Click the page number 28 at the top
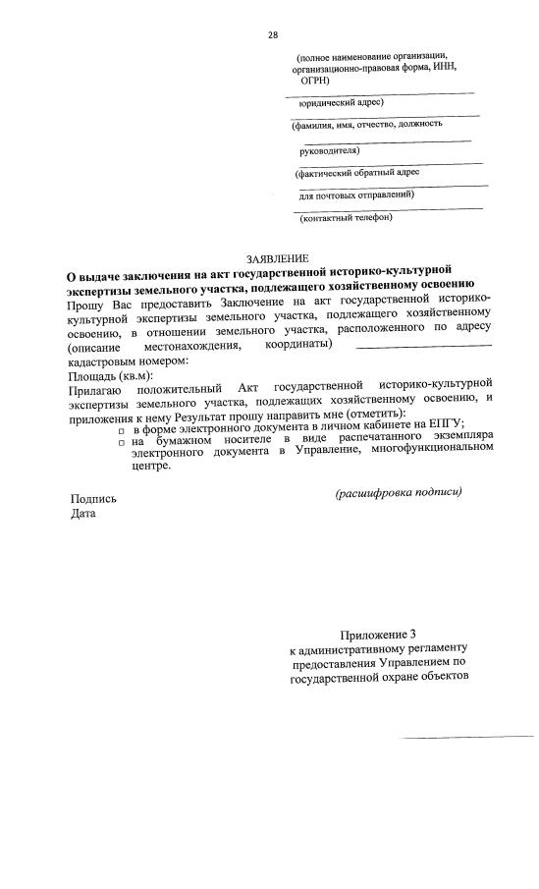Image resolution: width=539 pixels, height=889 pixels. pos(273,35)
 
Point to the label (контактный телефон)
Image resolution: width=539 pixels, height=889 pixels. pos(347,217)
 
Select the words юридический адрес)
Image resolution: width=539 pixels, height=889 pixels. pos(341,101)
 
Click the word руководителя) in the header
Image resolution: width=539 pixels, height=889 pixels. pos(329,151)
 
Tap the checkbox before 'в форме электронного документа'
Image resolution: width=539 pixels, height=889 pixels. pos(122,430)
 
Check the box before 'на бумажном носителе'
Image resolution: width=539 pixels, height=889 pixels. pos(122,444)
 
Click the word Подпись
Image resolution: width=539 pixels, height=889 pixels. pos(93,498)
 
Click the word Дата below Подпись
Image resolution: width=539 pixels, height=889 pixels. pos(82,515)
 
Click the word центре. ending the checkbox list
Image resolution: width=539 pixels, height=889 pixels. pos(151,466)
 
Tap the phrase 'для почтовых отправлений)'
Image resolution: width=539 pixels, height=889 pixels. pos(356,194)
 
